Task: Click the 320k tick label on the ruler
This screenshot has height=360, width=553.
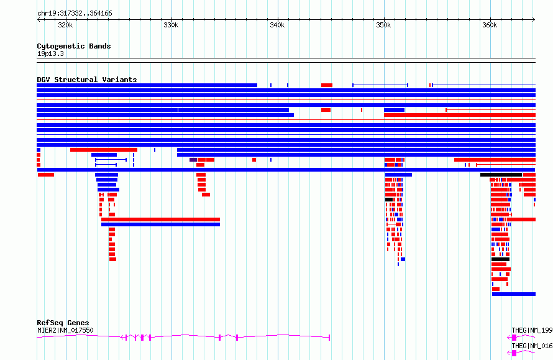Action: (65, 25)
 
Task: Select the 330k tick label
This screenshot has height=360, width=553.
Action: (171, 25)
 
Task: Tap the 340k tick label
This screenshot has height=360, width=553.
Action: (277, 25)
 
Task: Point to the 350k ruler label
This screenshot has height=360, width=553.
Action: (383, 25)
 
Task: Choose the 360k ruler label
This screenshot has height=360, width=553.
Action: (490, 25)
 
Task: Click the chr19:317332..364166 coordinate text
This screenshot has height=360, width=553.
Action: (75, 14)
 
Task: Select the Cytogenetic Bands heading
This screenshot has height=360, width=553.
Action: (74, 46)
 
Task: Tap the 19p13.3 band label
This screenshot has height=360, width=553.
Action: (50, 53)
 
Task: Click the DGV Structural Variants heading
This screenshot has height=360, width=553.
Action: (87, 80)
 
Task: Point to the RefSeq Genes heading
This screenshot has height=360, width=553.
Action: (63, 323)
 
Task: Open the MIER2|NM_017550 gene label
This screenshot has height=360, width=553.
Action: (65, 330)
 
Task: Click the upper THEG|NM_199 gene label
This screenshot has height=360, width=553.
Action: (532, 330)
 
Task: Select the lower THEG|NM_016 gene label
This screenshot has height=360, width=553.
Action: (532, 346)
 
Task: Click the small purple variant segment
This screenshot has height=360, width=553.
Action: (193, 160)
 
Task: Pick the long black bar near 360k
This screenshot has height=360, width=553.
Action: (501, 175)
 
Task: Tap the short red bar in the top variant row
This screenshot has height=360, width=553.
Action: (327, 85)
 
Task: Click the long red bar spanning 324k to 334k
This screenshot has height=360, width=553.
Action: (160, 219)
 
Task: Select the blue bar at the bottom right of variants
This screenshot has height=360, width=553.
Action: (514, 294)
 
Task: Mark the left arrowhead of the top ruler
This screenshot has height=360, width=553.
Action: (38, 19)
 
